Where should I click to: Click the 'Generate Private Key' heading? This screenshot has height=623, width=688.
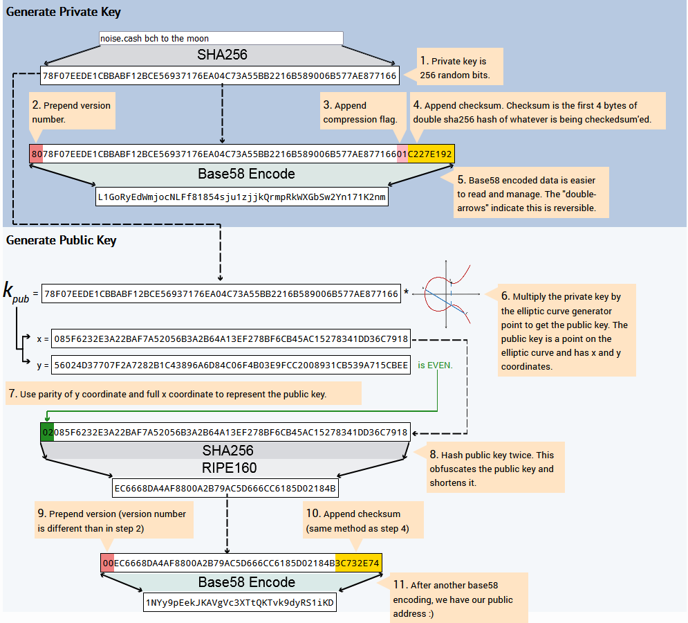(63, 12)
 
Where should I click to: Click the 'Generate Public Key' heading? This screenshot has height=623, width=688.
(61, 240)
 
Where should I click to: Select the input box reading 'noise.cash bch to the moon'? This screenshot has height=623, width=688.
(221, 38)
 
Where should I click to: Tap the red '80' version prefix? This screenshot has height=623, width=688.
(37, 154)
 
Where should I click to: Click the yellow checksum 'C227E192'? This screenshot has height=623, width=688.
(431, 154)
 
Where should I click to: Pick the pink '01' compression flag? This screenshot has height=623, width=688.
(402, 154)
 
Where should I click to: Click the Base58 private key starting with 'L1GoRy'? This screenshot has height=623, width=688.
(242, 197)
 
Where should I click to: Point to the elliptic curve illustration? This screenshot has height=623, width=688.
(447, 294)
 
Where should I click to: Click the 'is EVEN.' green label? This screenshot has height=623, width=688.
(435, 365)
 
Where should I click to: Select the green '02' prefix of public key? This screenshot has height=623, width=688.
(48, 433)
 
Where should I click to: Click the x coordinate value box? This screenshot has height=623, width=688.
(231, 338)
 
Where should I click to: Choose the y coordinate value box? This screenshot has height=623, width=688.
(231, 365)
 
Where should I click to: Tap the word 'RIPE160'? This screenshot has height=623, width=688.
(229, 468)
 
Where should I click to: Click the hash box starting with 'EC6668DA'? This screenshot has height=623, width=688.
(225, 488)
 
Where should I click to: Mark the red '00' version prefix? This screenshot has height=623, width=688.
(107, 563)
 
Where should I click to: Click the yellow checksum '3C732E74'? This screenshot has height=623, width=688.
(358, 563)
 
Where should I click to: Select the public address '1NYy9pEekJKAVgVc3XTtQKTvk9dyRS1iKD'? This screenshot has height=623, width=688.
(239, 602)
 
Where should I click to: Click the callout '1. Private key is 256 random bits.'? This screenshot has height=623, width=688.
(459, 66)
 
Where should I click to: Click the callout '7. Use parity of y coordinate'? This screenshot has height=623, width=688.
(183, 393)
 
